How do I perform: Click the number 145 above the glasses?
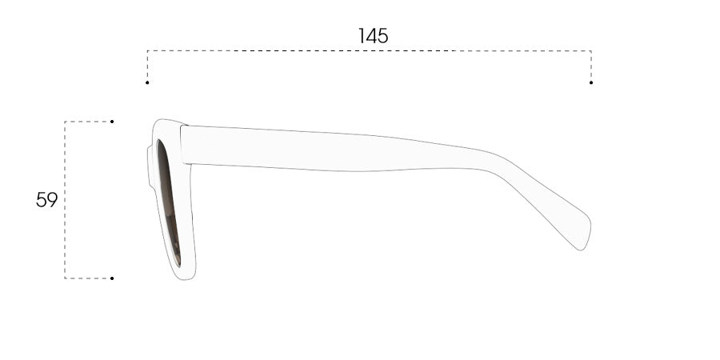click(x=373, y=36)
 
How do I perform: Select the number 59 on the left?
click(x=47, y=200)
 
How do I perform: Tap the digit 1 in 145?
click(x=361, y=36)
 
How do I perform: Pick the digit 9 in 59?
click(x=52, y=200)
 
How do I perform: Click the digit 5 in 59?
click(x=42, y=200)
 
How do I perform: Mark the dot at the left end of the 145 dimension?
click(x=147, y=82)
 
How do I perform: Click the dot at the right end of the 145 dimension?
click(x=591, y=82)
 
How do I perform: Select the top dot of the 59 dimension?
click(x=112, y=122)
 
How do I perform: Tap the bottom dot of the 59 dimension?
click(x=112, y=278)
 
